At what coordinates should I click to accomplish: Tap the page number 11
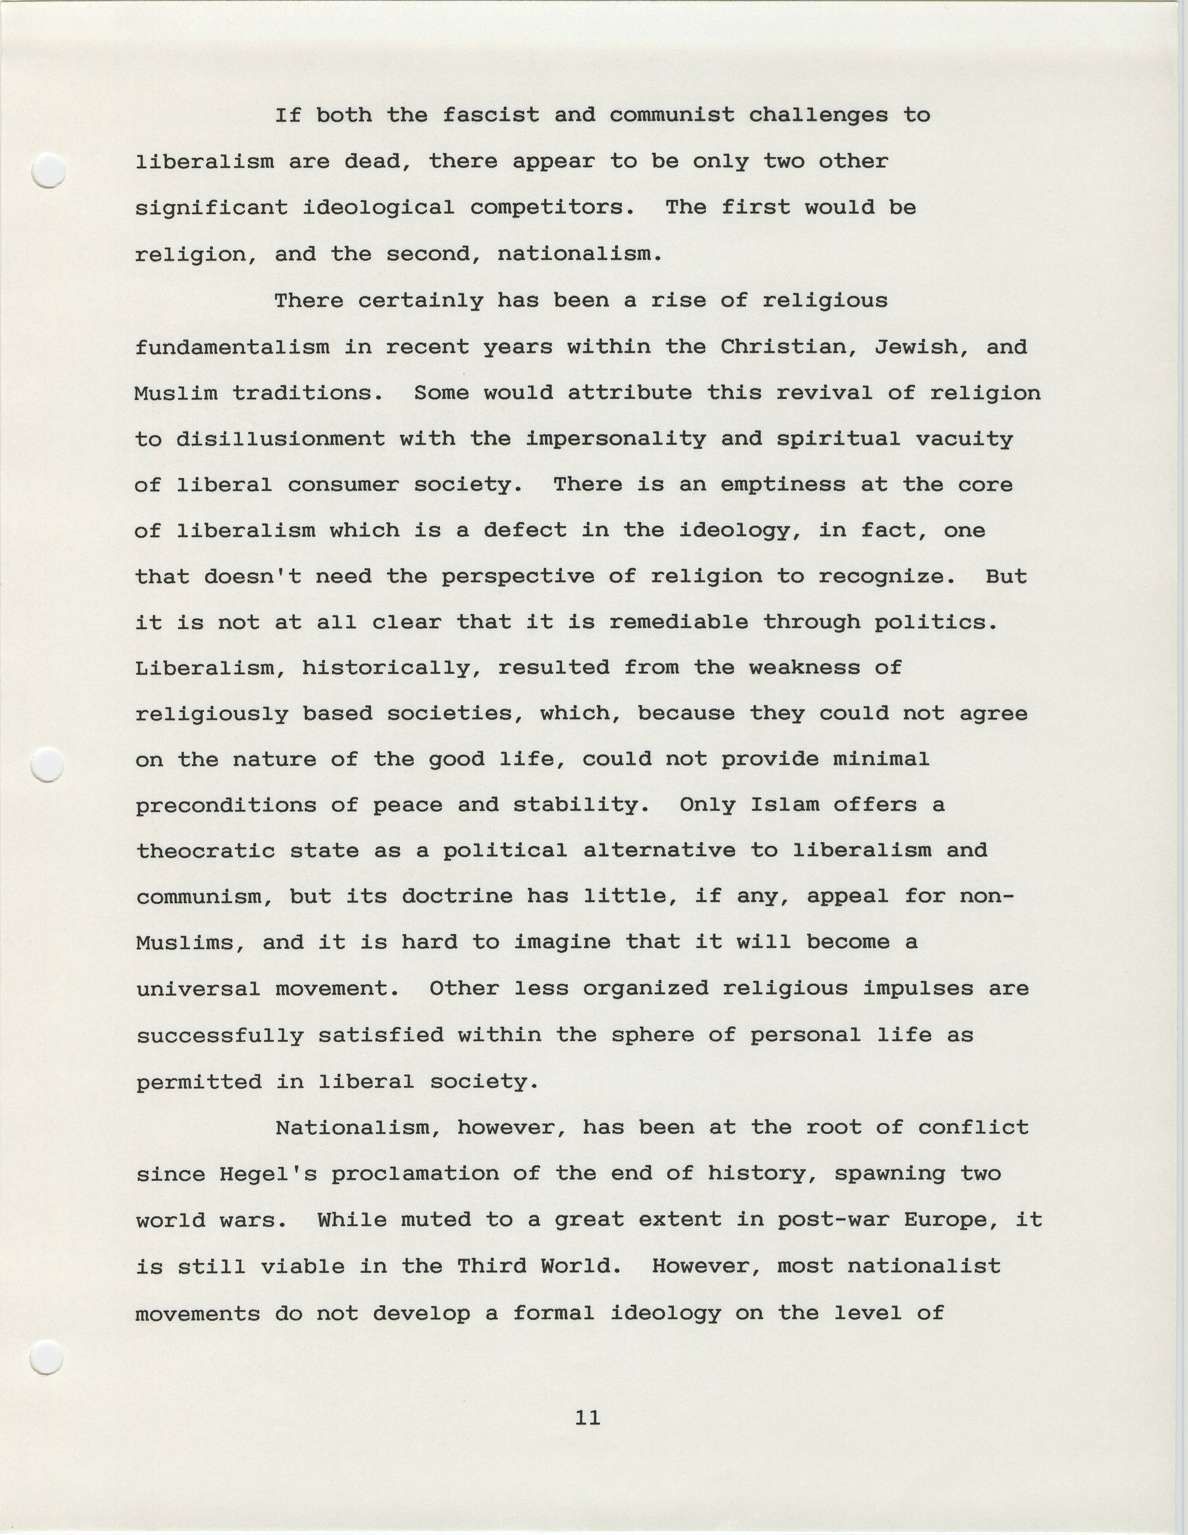click(587, 1418)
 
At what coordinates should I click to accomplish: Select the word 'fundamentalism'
click(232, 347)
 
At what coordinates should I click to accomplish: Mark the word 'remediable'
click(678, 623)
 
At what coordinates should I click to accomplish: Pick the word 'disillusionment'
click(280, 439)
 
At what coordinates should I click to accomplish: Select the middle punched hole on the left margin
click(48, 765)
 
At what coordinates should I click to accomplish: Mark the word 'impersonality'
click(616, 439)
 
